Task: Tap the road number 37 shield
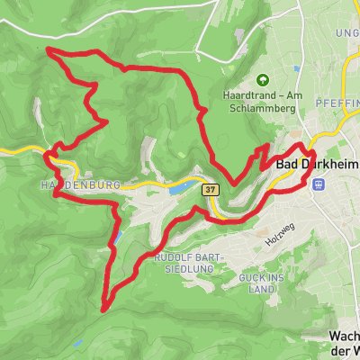pos(211,190)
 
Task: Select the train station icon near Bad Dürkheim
pos(318,183)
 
